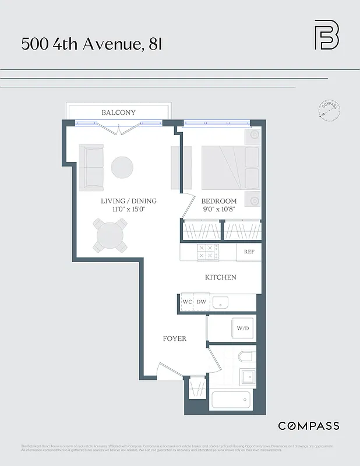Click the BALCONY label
pos(118,112)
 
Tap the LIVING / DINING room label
pos(129,201)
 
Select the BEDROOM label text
pos(220,201)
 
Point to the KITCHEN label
pos(220,277)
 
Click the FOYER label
pos(174,338)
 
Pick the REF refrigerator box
pos(249,252)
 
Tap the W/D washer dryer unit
pos(242,328)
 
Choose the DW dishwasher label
pos(201,302)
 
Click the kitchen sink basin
pos(220,302)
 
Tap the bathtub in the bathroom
pos(231,401)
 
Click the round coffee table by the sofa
pos(122,168)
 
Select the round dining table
pos(111,235)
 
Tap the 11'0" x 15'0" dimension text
pos(129,209)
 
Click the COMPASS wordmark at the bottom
pos(308,426)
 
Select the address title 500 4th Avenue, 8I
pos(91,44)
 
